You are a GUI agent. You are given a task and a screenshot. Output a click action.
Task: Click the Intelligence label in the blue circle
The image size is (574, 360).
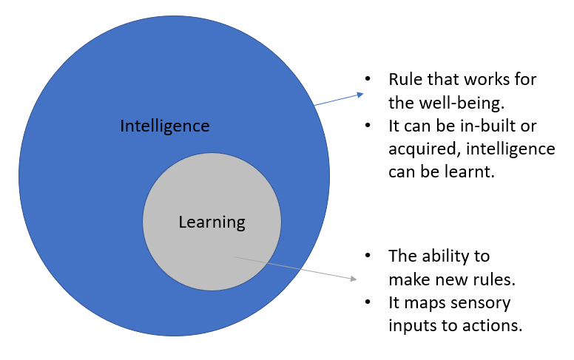tap(165, 126)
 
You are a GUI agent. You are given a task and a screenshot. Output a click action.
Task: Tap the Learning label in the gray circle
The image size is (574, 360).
tap(212, 221)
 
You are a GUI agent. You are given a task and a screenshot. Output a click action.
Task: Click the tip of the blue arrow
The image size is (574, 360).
tap(363, 93)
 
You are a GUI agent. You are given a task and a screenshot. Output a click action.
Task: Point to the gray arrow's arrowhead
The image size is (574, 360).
tap(356, 279)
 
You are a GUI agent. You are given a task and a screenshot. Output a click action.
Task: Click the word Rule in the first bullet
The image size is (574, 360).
tap(404, 79)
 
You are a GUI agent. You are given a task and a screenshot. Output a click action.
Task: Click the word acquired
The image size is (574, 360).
tap(421, 149)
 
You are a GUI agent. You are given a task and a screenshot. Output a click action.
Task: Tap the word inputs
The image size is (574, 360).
tap(411, 325)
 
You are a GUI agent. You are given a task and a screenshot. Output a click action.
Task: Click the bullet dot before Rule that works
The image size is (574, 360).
tap(367, 79)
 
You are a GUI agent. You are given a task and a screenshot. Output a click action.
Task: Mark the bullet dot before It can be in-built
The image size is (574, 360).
tap(367, 126)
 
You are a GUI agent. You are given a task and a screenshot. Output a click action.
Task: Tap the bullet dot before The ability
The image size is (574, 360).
tap(367, 257)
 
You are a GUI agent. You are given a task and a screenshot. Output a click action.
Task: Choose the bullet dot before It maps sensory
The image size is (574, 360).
tap(367, 302)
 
